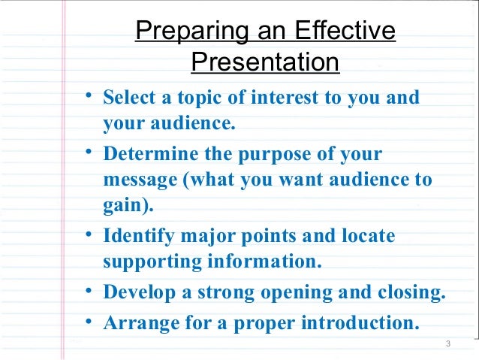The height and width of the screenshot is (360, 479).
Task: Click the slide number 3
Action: (447, 345)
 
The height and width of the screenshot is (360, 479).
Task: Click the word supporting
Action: (146, 262)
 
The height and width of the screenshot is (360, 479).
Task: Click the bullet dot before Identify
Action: (88, 234)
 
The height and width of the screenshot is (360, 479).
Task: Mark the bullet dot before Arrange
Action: (88, 322)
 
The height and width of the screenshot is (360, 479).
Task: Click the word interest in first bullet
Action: (271, 98)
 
